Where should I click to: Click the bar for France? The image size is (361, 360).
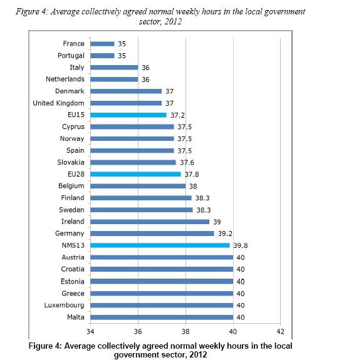point(102,44)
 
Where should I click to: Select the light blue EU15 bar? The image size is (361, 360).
point(128,115)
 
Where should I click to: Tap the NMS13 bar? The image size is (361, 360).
point(160,245)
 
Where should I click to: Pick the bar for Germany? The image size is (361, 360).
point(152,234)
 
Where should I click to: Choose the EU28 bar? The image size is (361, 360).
point(135,174)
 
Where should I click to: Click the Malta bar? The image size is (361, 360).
point(162,317)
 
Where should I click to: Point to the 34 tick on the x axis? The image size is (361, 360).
point(90,331)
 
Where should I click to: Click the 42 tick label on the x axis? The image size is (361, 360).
point(280,331)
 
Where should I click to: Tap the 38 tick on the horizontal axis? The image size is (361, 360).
point(186,331)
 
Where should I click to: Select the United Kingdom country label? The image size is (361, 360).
point(58,103)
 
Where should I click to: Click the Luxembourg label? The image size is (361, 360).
point(64,306)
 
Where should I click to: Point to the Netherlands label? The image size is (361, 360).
point(65,79)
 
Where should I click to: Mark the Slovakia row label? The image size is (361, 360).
point(71,162)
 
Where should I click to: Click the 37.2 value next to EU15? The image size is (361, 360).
point(177,115)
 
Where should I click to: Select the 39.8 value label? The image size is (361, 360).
point(241,245)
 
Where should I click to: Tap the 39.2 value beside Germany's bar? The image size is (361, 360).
point(225,234)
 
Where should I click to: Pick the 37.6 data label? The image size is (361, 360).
point(187,163)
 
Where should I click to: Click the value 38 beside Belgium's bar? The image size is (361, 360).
point(193,187)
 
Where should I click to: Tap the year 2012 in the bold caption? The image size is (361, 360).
point(198,354)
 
